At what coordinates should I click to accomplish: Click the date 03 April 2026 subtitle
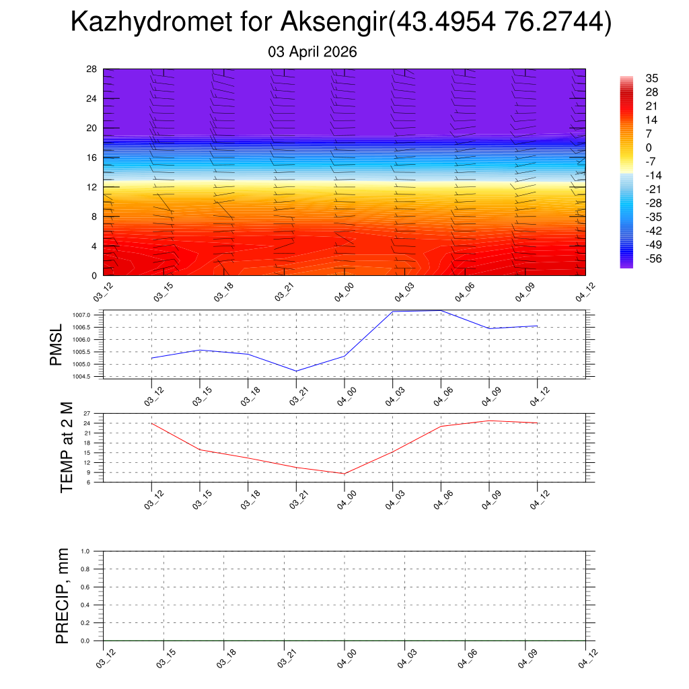click(312, 52)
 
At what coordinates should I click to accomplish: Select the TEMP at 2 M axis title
click(67, 447)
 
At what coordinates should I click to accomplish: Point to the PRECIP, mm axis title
click(63, 595)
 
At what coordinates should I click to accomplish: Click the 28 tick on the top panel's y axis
click(92, 69)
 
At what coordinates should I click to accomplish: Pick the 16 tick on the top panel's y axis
click(92, 157)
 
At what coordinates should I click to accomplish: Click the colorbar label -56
click(653, 259)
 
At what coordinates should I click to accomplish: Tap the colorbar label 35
click(651, 78)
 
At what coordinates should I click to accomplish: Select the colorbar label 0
click(649, 147)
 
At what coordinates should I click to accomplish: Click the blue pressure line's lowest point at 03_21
click(296, 371)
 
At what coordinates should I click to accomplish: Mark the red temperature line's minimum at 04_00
click(344, 474)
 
